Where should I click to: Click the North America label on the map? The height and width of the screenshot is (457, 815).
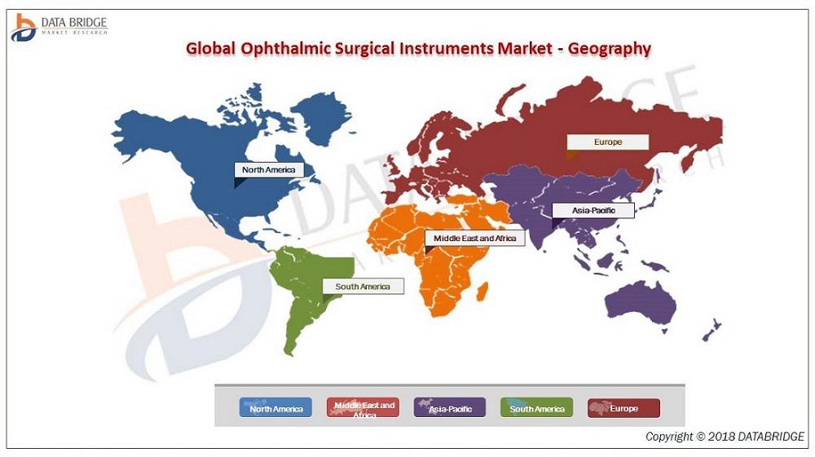[x=269, y=169]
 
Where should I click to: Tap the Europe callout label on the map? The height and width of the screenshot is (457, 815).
[x=608, y=142]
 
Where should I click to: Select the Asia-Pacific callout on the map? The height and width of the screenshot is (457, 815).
[x=593, y=210]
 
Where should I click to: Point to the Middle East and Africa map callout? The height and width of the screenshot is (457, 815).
[x=474, y=239]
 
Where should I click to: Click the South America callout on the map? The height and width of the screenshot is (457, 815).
[x=363, y=286]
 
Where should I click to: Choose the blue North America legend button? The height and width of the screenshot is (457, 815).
[x=275, y=407]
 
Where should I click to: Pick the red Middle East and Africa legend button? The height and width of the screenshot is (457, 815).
[x=363, y=407]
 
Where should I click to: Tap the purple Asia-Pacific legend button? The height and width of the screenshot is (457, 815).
[x=450, y=407]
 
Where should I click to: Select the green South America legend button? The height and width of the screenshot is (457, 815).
[x=536, y=407]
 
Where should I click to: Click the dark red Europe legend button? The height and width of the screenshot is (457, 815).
[x=623, y=407]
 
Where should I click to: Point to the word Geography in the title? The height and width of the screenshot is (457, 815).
[x=609, y=49]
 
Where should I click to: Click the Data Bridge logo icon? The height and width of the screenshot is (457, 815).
[x=23, y=28]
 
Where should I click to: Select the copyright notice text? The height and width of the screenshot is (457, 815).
[x=725, y=437]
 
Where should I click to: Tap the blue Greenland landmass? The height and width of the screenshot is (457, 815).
[x=320, y=116]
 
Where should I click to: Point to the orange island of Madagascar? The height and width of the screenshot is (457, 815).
[x=482, y=291]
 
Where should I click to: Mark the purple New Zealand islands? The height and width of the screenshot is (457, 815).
[x=711, y=330]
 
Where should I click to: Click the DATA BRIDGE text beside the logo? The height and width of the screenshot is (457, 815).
[x=74, y=22]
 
